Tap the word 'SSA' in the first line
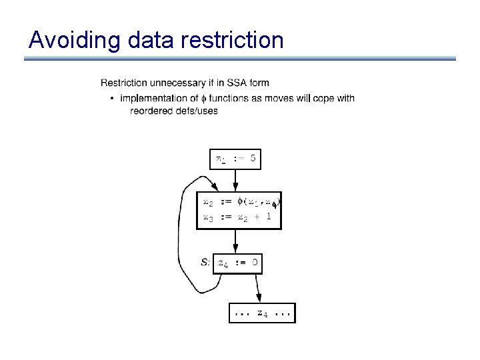241,83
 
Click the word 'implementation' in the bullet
151,99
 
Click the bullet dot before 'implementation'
111,99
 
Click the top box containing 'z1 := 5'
235,160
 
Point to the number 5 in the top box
253,160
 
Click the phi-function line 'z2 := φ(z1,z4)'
239,201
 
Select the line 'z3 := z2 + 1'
233,217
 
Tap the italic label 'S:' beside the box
207,263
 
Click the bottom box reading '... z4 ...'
262,313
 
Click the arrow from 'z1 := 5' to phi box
235,179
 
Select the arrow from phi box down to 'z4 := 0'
235,241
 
